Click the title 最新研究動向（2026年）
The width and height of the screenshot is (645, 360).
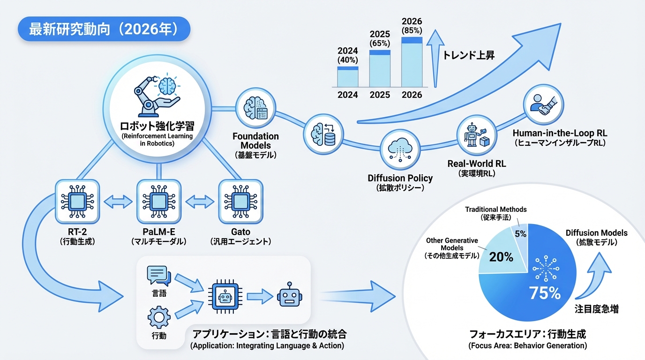[x=104, y=30]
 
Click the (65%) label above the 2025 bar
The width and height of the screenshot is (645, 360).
[x=380, y=43]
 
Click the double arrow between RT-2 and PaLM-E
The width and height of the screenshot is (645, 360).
[x=116, y=202]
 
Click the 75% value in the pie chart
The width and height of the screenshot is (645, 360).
[x=545, y=293]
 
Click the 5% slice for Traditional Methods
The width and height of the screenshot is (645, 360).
[x=520, y=232]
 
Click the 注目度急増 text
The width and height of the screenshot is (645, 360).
[x=596, y=309]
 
